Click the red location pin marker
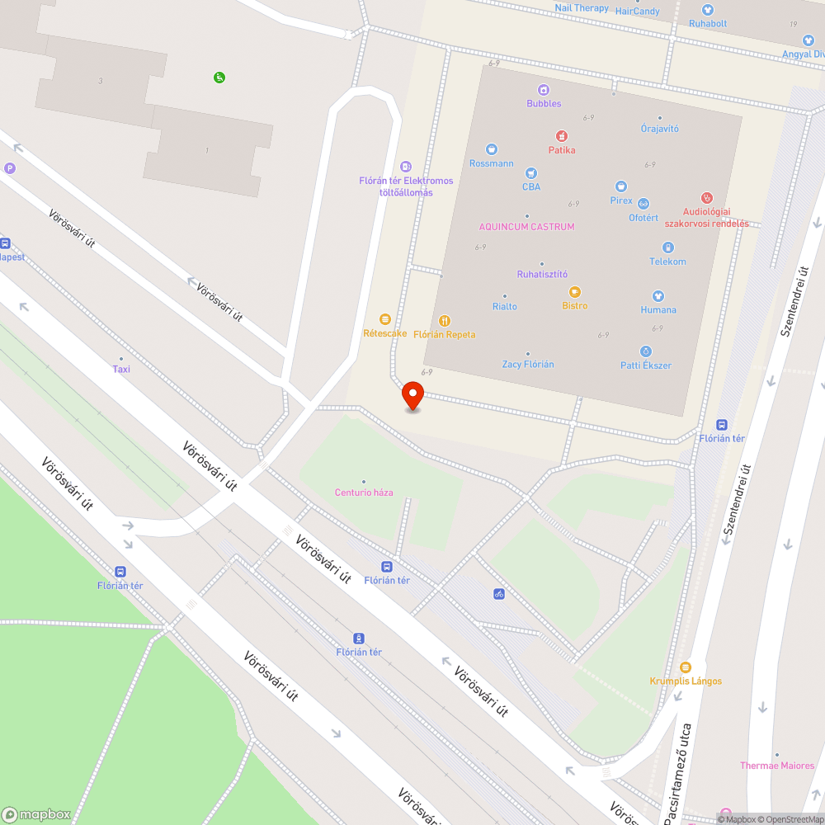tap(412, 395)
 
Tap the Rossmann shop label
tap(491, 163)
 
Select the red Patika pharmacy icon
tap(561, 136)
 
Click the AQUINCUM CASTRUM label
tap(527, 226)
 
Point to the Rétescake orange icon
tap(384, 319)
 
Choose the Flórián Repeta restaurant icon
tap(445, 320)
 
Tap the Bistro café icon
tap(575, 291)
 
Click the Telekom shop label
tap(667, 262)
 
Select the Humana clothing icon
tap(658, 295)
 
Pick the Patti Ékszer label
tap(646, 365)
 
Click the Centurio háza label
tap(364, 493)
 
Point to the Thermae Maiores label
tap(777, 766)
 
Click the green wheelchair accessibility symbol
tap(219, 78)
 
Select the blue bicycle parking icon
tap(498, 593)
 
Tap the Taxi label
tap(121, 369)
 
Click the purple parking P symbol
tap(10, 168)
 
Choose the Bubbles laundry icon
tap(544, 90)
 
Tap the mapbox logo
tap(37, 813)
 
